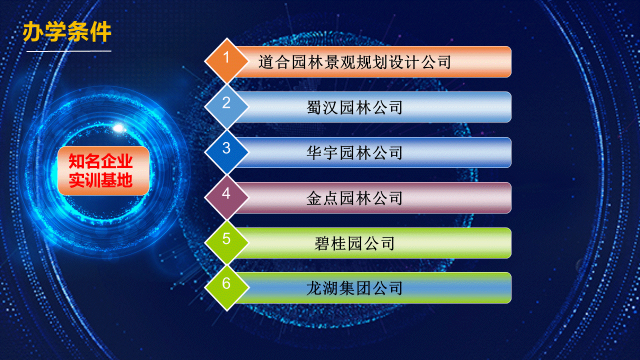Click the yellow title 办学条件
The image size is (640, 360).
coord(67,31)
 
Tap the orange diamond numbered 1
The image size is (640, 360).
coord(226,61)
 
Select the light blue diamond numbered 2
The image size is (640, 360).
coord(226,106)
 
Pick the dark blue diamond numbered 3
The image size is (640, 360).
coord(226,152)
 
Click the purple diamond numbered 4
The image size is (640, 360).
coord(226,197)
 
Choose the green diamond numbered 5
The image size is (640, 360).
coord(226,242)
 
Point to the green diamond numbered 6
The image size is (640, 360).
coord(226,287)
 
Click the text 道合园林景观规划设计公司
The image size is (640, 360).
coord(354,62)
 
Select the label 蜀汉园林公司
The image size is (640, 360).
coord(354,107)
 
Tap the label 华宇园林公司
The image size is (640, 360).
coord(354,152)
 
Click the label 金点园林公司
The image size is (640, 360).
coord(354,198)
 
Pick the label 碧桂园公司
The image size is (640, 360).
coord(354,243)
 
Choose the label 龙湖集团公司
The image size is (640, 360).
coord(354,288)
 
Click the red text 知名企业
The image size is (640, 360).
coord(100,161)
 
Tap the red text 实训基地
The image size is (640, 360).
coord(100,180)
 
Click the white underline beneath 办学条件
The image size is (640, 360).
coord(69,51)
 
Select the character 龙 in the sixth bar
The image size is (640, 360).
coord(314,288)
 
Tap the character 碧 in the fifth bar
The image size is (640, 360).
coord(322,243)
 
